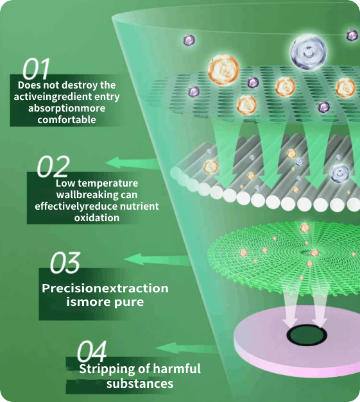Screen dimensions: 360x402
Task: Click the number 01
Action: tap(36, 69)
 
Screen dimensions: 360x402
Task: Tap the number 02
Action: tap(53, 167)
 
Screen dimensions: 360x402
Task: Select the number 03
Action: tap(65, 262)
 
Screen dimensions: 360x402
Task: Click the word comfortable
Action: tap(67, 120)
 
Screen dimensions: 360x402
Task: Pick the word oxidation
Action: tap(97, 217)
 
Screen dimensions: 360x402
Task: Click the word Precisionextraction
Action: tap(105, 288)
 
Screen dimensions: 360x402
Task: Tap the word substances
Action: tap(140, 384)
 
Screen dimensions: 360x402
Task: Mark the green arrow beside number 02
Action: tap(133, 163)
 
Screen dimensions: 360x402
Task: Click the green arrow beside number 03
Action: tap(157, 259)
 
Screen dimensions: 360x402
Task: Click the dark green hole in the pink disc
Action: tap(307, 335)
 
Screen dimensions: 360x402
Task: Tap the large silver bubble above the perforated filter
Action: tap(308, 53)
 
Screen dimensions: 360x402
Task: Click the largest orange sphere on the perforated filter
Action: tap(223, 70)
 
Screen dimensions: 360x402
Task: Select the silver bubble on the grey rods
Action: tap(339, 174)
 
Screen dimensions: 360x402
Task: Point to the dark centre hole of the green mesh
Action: tap(307, 253)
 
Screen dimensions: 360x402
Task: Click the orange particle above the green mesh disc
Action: tap(305, 228)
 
